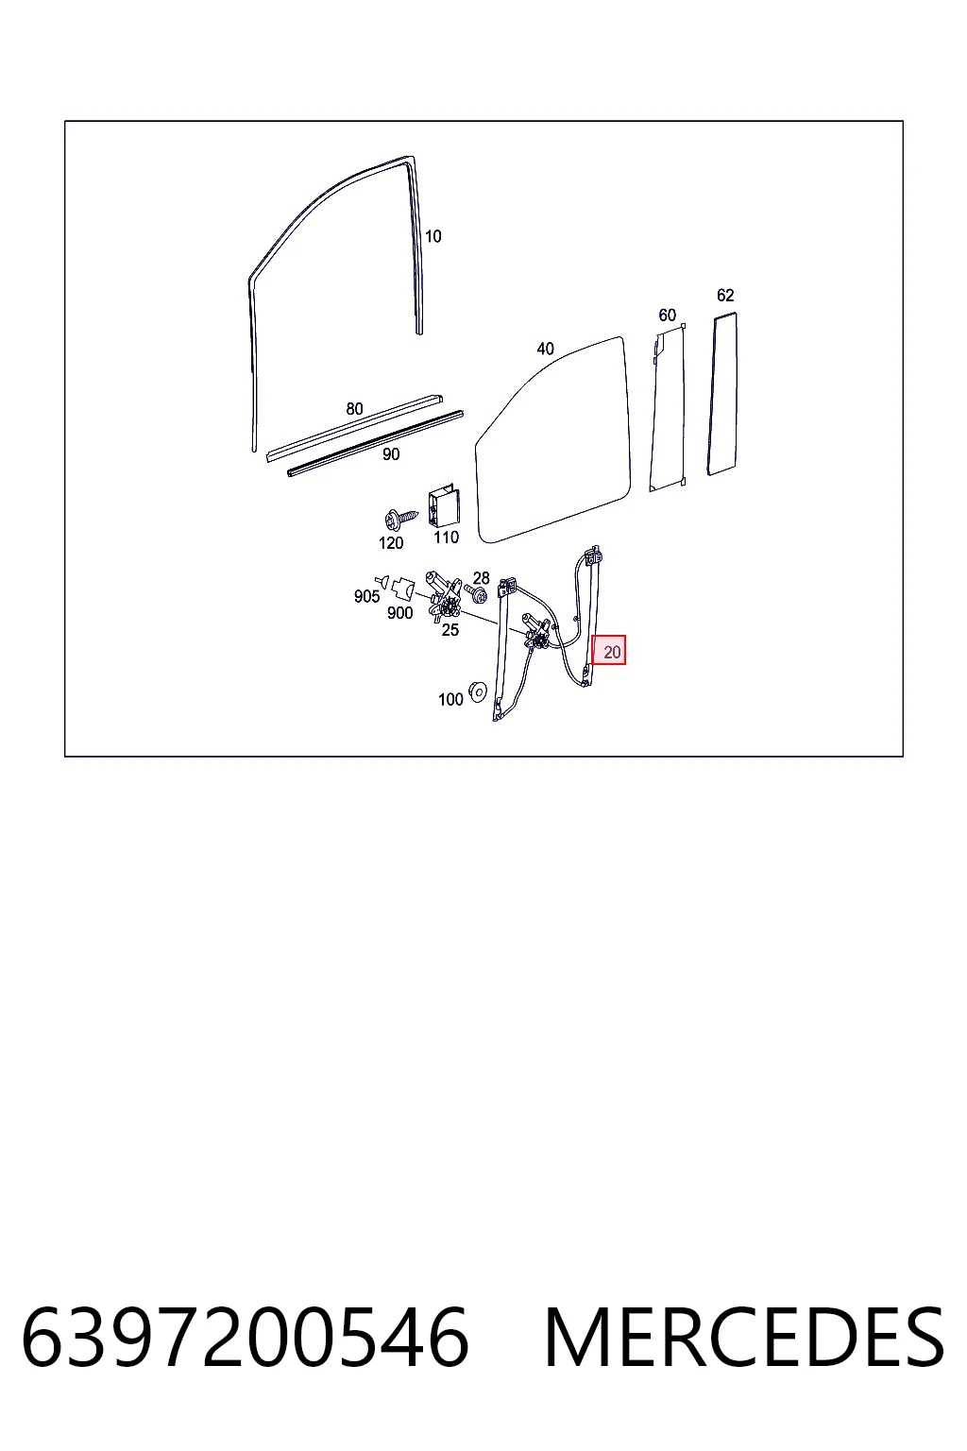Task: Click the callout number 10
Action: pos(433,236)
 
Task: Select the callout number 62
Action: pos(724,296)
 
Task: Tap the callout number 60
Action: pos(667,315)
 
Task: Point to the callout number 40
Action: pos(546,349)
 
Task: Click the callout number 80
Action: pos(354,409)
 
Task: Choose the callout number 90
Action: pos(391,454)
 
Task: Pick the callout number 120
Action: pos(391,543)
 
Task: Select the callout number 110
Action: pos(446,537)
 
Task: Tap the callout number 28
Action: pos(481,578)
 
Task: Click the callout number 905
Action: pos(366,596)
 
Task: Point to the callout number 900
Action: pos(399,613)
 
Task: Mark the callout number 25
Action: pos(450,630)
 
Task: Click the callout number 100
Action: pos(450,700)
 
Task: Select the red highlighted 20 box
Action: pos(609,650)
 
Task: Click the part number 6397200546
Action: pos(245,1338)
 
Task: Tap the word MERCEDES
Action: pos(744,1338)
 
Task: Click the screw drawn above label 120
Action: pos(399,519)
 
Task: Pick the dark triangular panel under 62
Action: pos(722,394)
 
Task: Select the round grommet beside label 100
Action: pos(478,691)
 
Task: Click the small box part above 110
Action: pos(444,506)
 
